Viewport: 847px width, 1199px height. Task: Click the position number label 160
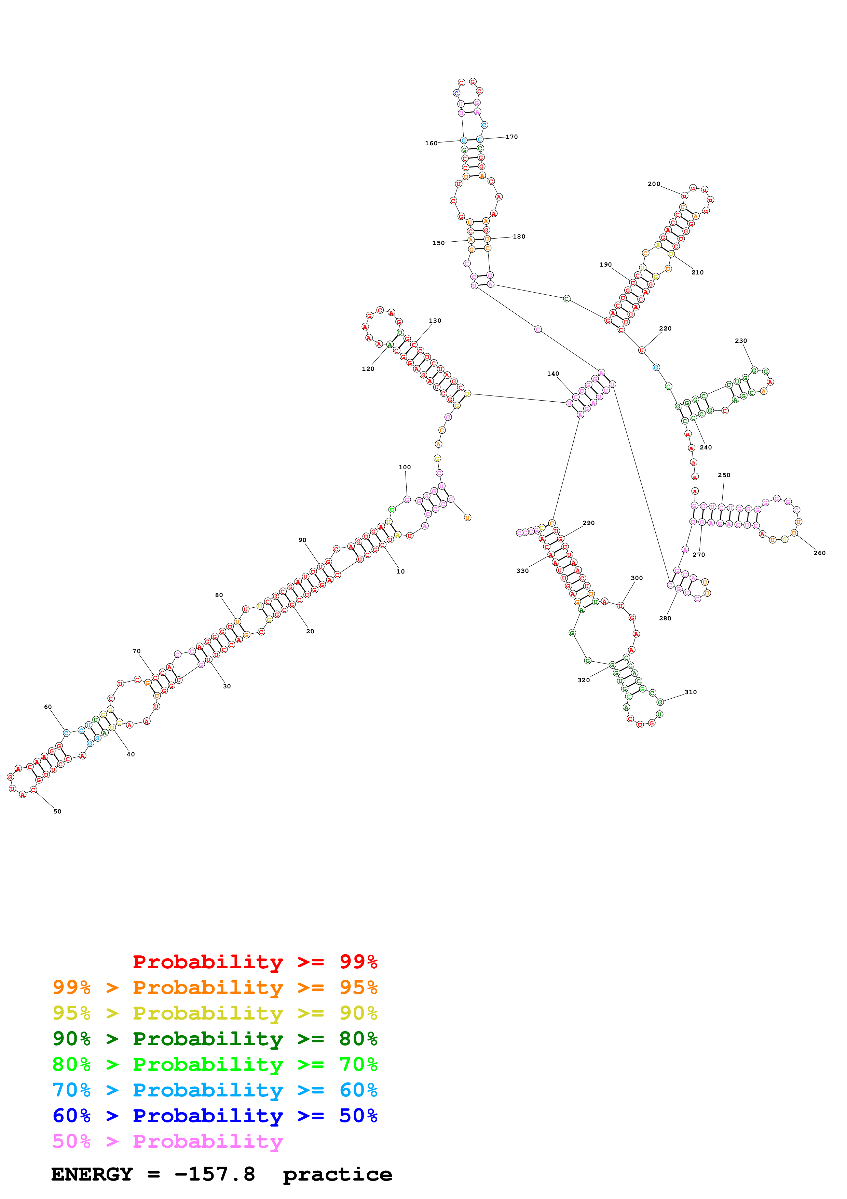point(431,143)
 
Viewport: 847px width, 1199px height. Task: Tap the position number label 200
point(654,184)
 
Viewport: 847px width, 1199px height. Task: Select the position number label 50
point(57,811)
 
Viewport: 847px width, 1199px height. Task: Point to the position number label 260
point(819,553)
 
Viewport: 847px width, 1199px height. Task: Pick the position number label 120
point(368,369)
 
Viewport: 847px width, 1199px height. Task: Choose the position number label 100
point(405,467)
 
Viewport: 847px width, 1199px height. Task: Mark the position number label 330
point(522,571)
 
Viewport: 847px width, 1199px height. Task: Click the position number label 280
point(665,618)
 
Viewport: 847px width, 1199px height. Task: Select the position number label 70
point(136,651)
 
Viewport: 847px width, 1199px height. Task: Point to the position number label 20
point(310,631)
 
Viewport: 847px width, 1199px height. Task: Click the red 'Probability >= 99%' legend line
point(255,961)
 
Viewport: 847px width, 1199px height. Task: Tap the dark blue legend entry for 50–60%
point(215,1116)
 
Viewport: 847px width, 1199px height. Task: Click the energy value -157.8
point(215,1174)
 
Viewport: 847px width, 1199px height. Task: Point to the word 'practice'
point(337,1174)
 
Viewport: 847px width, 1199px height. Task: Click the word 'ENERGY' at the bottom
point(92,1174)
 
